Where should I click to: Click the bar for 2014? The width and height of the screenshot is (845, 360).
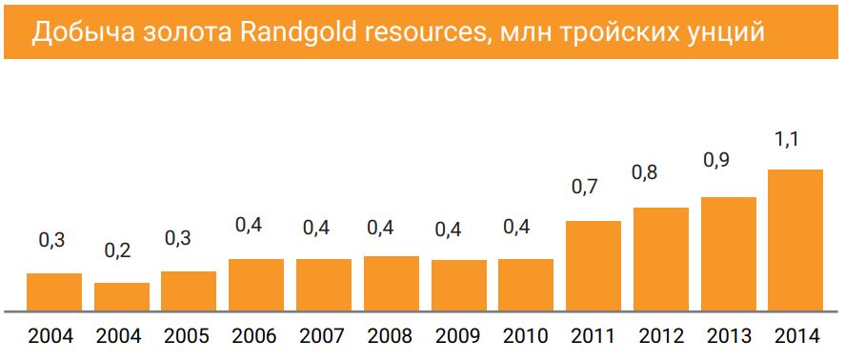point(795,241)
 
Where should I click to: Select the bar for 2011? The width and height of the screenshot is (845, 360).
point(594,267)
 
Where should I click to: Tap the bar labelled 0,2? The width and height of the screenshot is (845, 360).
point(121,297)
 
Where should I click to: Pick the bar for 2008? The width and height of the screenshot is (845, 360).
point(392,284)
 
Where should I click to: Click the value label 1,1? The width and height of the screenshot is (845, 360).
point(786,140)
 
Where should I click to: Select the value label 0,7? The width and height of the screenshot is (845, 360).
point(584,188)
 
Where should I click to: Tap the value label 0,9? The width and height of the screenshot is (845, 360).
point(718,161)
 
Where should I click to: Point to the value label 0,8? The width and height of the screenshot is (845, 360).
point(652,173)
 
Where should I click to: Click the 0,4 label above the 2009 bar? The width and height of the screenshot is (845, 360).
point(450,229)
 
